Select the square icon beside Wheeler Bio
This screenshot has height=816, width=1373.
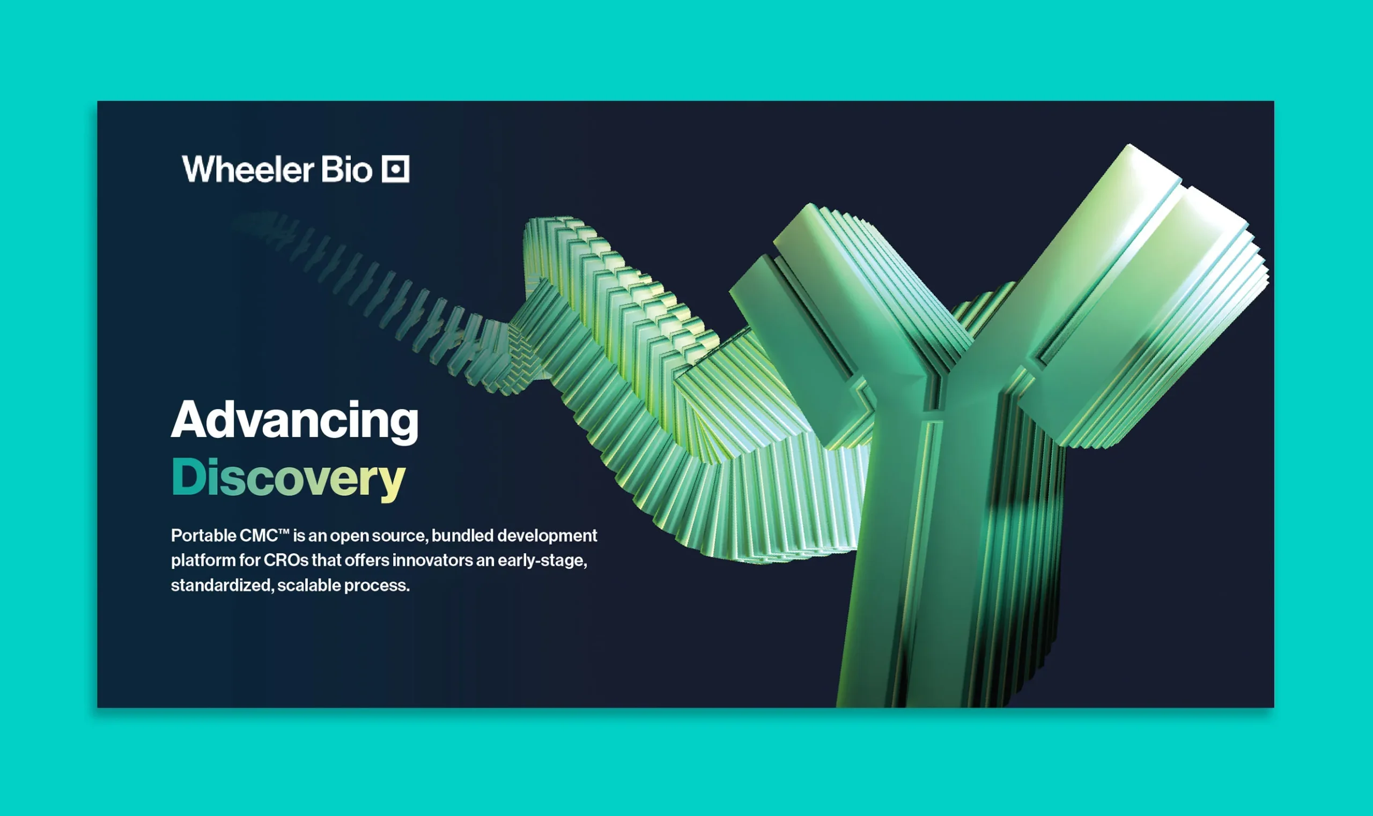(396, 169)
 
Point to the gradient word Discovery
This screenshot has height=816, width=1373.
(288, 478)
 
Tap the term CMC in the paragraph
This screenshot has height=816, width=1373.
(259, 536)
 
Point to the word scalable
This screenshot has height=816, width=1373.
(309, 585)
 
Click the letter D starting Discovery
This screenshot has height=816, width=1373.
(188, 476)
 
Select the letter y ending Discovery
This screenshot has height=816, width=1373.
(392, 481)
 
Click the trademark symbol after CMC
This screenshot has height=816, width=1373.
(284, 532)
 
